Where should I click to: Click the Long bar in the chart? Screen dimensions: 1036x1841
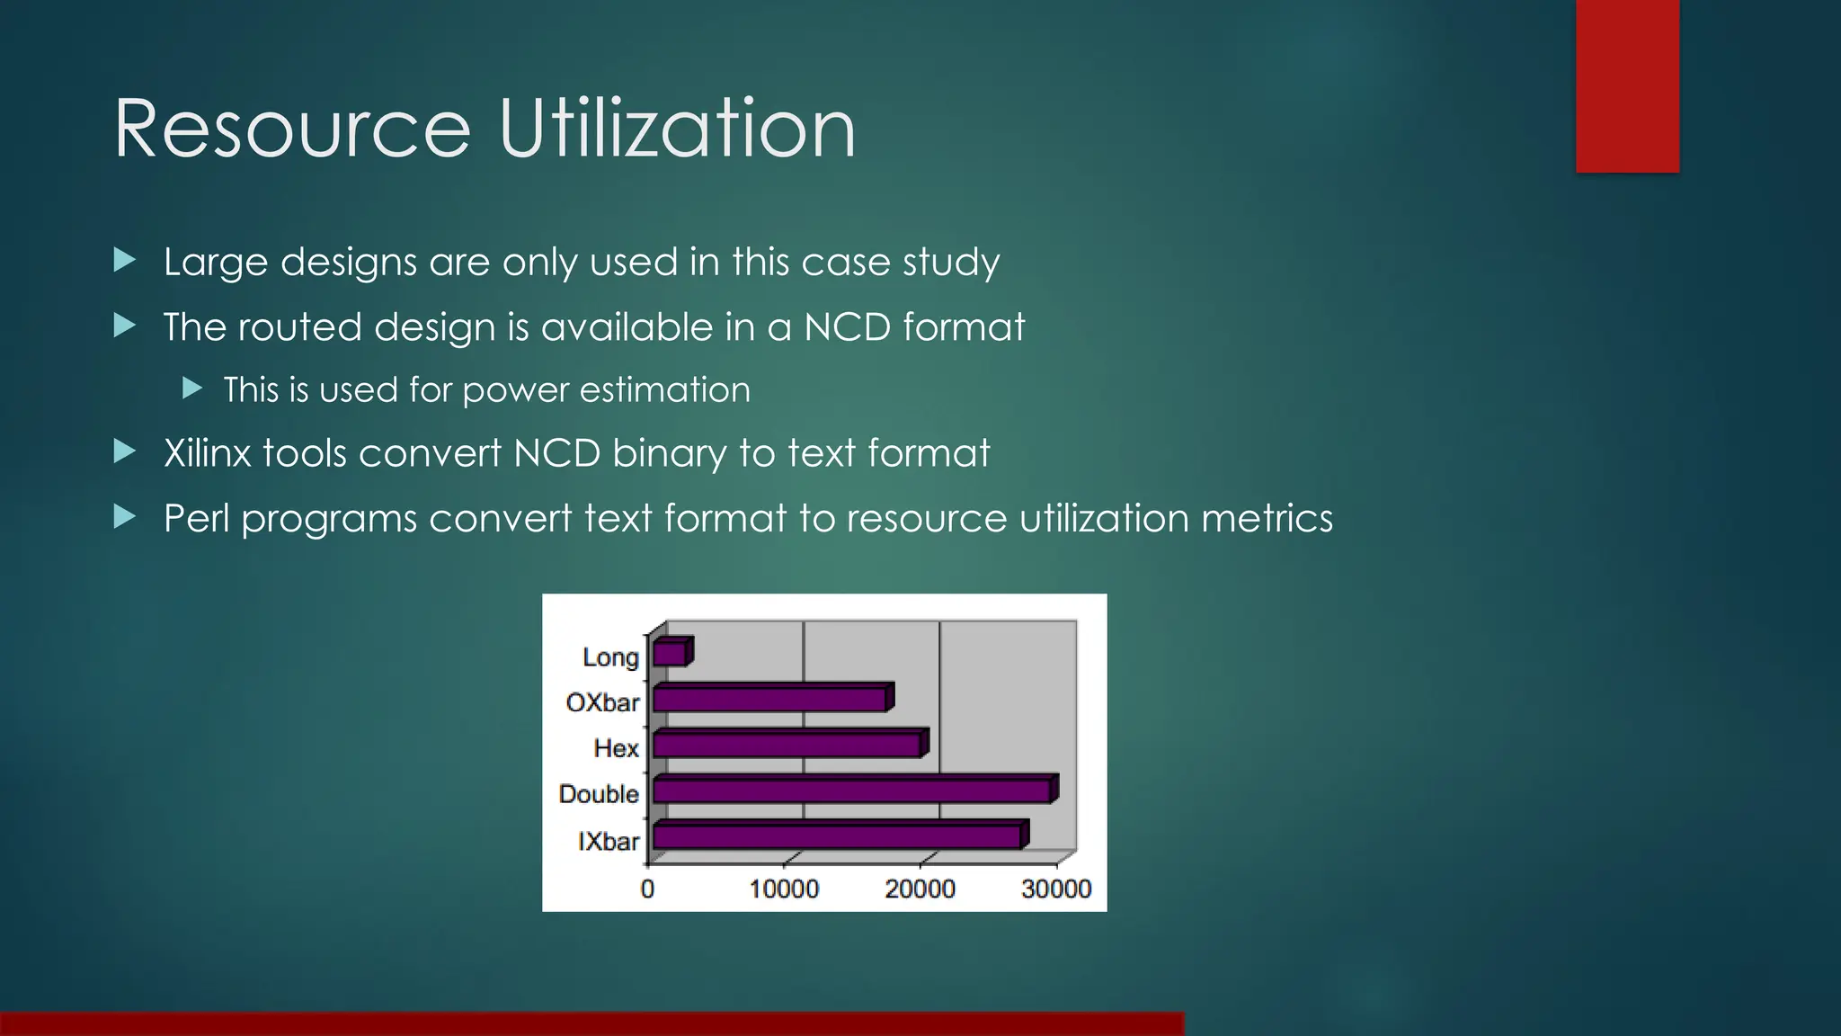(671, 654)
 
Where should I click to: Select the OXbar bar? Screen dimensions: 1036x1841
(770, 699)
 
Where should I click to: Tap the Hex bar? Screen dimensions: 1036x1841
(787, 745)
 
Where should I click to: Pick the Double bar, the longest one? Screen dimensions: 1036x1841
(852, 791)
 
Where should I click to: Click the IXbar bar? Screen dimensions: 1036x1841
(838, 837)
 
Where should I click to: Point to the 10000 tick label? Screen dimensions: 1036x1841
(784, 889)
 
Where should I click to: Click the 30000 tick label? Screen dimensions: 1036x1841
(1056, 889)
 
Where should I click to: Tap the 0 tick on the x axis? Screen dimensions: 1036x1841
(647, 889)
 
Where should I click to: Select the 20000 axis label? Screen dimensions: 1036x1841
(920, 889)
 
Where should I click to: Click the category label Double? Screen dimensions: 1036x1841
(599, 794)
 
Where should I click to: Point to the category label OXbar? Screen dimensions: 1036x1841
(602, 702)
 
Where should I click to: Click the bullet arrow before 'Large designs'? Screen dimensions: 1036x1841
(125, 261)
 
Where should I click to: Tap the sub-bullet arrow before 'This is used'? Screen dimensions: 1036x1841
(191, 388)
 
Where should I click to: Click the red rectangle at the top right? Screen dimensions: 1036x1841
(1627, 85)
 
